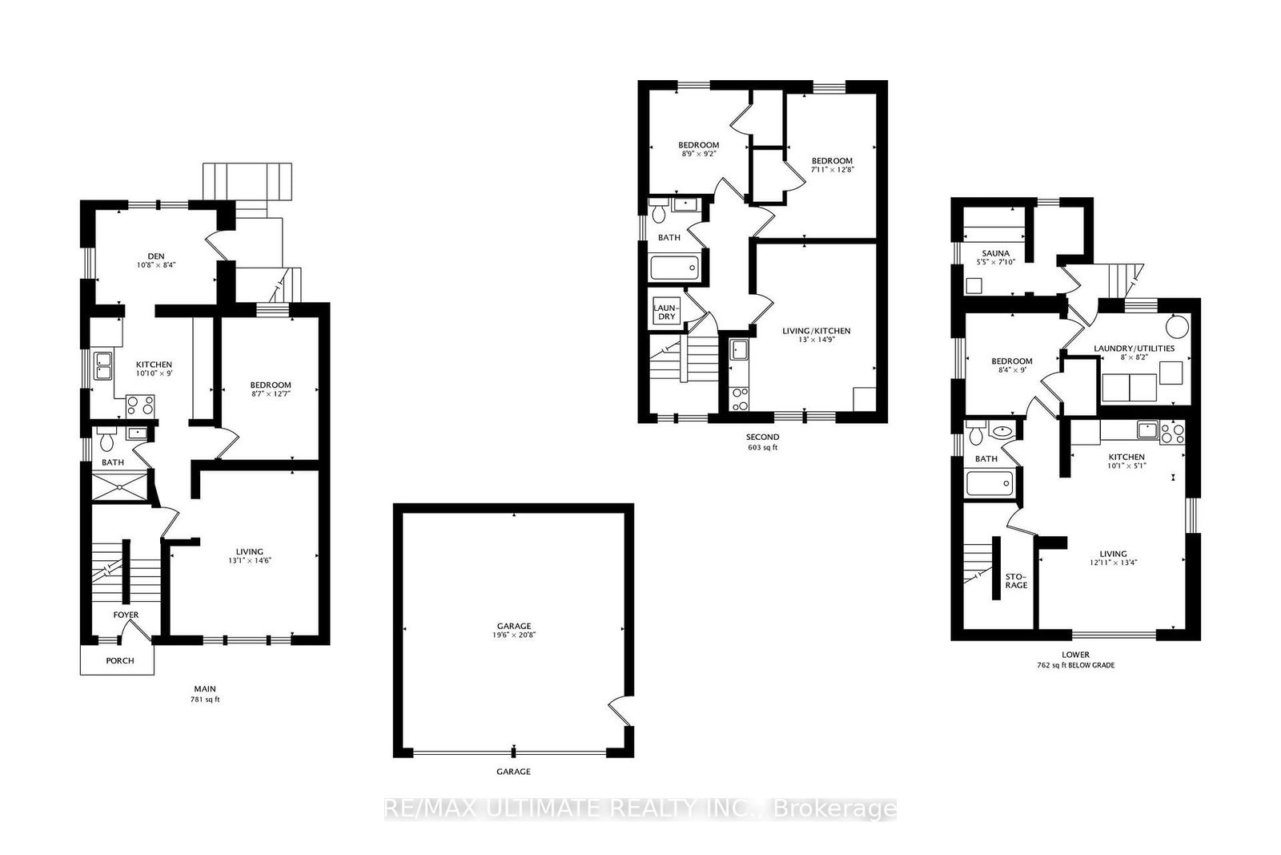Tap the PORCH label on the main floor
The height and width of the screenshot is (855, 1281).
pos(119,661)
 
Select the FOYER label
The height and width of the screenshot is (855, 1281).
pos(126,615)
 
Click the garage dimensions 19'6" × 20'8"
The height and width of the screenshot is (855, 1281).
pos(513,635)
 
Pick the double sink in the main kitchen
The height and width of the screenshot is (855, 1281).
pos(103,365)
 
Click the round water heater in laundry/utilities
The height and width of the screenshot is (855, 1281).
pos(1177,326)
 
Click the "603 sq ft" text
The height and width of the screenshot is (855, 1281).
pos(761,447)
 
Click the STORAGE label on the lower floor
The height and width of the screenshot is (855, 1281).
pos(1016,580)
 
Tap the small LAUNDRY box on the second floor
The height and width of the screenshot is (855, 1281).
pos(666,312)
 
